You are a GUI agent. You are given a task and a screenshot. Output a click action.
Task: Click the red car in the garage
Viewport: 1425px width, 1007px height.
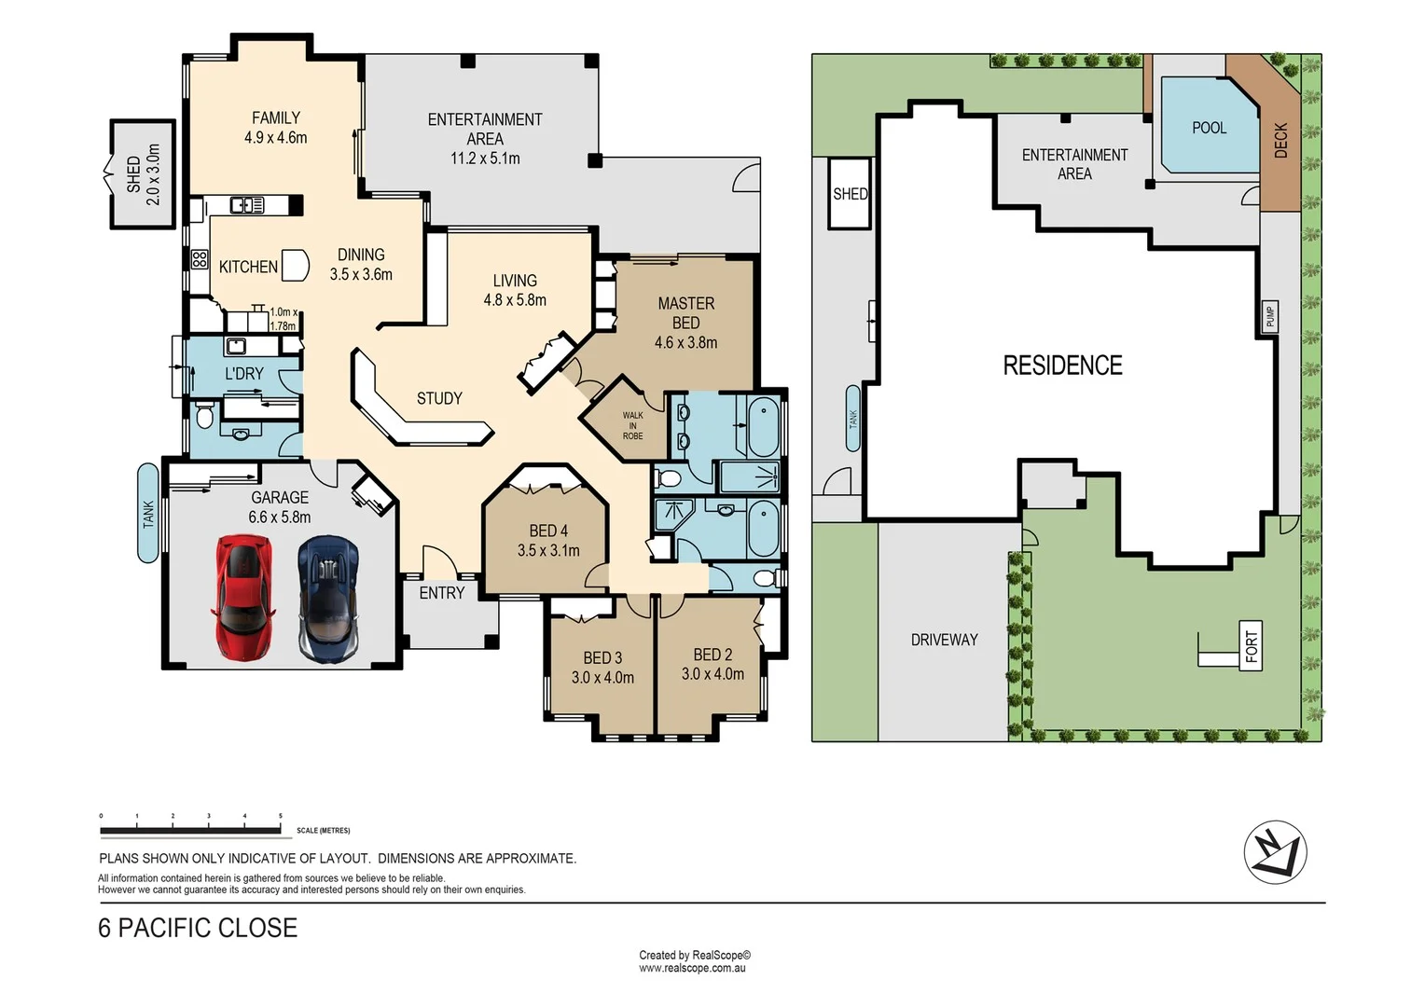(243, 597)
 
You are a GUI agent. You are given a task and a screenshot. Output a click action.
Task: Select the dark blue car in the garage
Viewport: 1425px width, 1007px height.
(328, 597)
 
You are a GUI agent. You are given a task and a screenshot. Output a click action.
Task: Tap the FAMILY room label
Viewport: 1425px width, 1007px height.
(276, 118)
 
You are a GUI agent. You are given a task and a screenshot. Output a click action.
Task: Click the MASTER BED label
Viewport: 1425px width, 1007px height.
(685, 313)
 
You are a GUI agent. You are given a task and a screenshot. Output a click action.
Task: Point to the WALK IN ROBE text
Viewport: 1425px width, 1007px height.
(632, 426)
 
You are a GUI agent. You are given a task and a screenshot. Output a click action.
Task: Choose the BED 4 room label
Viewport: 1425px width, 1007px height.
(548, 531)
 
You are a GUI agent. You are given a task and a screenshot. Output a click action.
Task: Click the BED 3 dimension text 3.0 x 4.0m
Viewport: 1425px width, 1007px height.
(602, 678)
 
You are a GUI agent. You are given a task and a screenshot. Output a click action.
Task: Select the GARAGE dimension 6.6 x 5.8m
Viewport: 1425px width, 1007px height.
(280, 517)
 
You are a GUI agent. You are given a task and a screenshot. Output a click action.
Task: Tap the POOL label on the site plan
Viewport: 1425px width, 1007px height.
(1209, 128)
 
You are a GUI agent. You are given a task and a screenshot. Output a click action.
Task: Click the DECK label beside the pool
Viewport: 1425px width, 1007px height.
(1280, 140)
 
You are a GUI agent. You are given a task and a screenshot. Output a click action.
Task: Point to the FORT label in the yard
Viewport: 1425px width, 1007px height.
(1252, 646)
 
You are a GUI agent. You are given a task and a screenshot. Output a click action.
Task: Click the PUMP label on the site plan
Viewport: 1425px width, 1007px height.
(1269, 316)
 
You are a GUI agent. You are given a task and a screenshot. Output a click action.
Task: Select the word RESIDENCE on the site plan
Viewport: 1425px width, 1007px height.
(1062, 366)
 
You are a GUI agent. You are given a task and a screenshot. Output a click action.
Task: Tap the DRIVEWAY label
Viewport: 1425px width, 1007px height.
(944, 640)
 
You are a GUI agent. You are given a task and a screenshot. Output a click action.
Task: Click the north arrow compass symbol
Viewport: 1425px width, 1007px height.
(1275, 852)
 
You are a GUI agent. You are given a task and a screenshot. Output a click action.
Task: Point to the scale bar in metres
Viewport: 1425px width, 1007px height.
(191, 829)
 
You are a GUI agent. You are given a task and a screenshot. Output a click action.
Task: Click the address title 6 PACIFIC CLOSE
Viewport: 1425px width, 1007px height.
(198, 928)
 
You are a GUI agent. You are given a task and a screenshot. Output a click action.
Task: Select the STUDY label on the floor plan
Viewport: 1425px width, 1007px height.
(439, 398)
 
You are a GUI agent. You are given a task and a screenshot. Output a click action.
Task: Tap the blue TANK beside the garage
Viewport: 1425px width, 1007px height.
(148, 513)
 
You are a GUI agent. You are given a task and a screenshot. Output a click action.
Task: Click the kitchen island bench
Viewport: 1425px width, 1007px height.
(295, 266)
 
